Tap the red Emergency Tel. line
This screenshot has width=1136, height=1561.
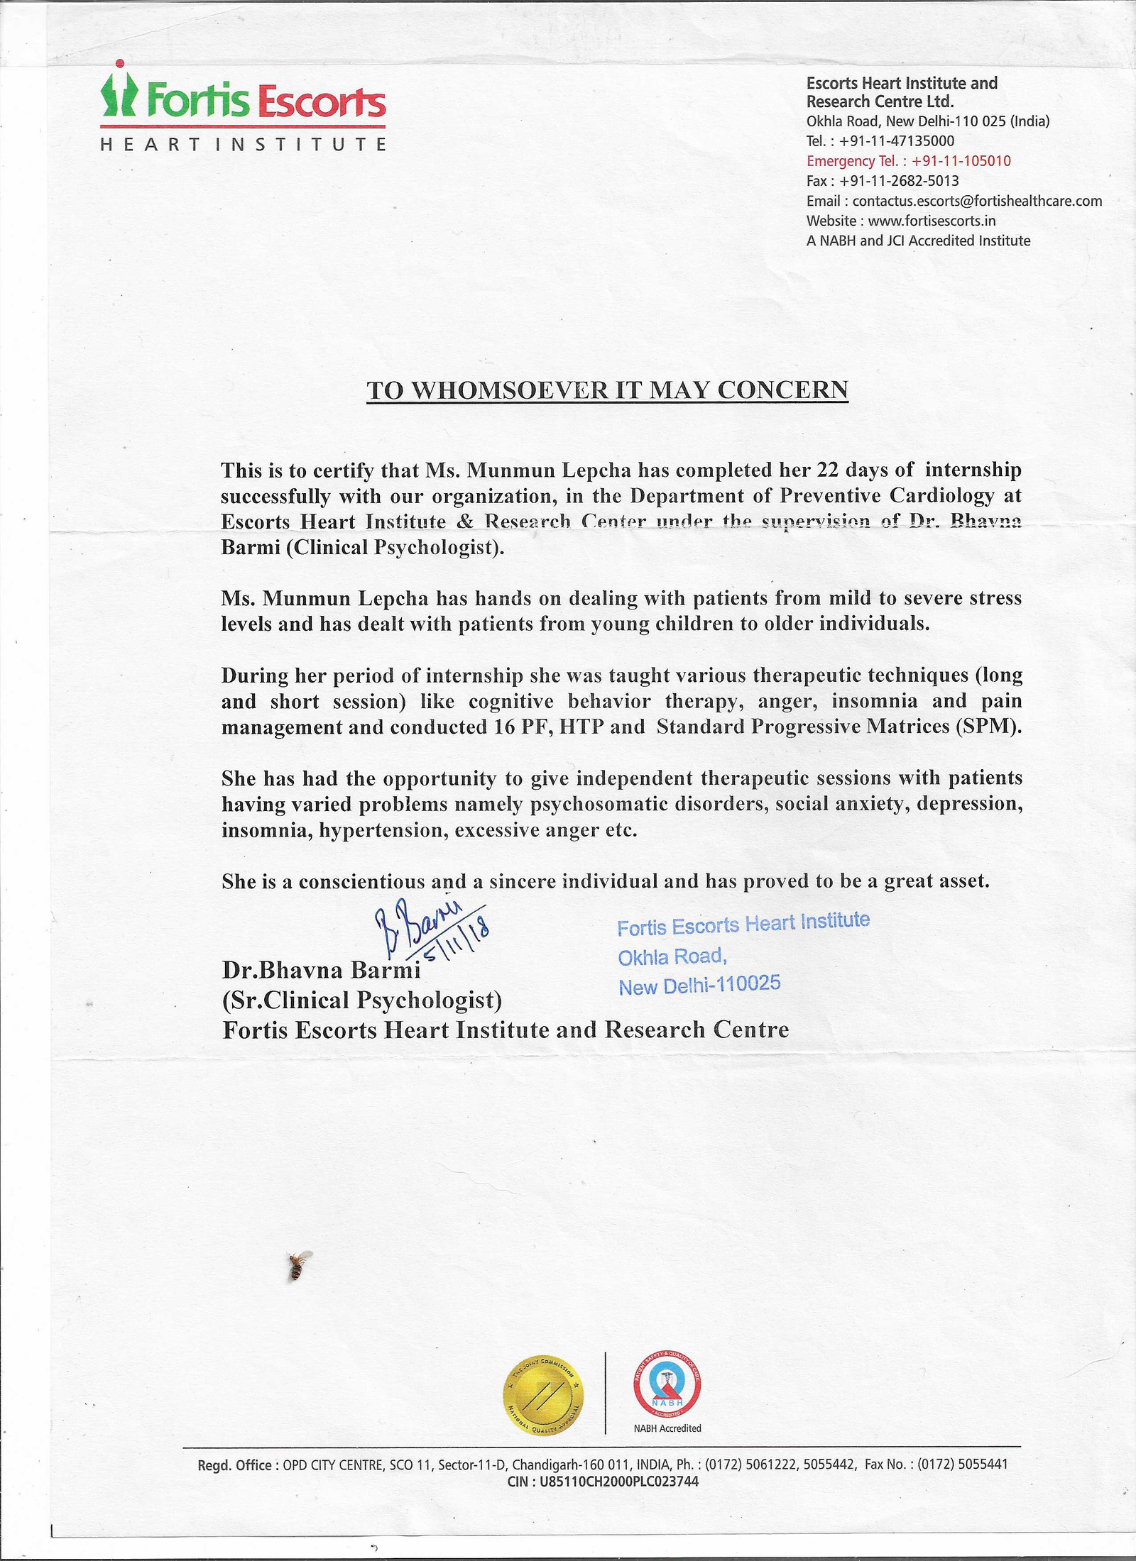(908, 161)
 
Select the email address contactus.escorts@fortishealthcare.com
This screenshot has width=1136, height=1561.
(977, 201)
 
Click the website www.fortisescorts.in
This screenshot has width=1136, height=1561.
(932, 221)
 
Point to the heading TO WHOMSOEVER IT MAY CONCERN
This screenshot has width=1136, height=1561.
(607, 390)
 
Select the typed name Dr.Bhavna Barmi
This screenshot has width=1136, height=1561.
(321, 969)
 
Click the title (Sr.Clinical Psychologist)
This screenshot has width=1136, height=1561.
(362, 1000)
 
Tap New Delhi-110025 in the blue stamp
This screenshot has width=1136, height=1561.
(699, 985)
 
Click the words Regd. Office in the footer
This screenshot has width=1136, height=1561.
(234, 1465)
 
